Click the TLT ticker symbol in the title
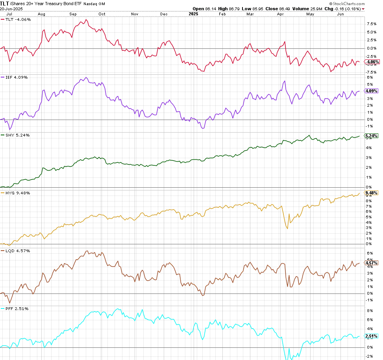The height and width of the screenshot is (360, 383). click(x=5, y=3)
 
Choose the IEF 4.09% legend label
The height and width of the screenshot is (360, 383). click(x=16, y=77)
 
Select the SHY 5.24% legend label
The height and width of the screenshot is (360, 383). click(x=17, y=135)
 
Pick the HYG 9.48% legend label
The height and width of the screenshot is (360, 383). click(x=17, y=193)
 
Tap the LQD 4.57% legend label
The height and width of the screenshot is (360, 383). click(x=17, y=251)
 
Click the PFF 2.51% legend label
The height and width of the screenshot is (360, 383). click(x=16, y=308)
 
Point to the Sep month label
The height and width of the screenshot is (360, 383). click(x=73, y=14)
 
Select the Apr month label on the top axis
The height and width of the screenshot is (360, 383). click(x=281, y=14)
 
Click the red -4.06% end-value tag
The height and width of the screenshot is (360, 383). click(x=372, y=62)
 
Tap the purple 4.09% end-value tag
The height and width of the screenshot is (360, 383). click(x=372, y=91)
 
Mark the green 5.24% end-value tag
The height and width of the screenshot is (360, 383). click(x=372, y=136)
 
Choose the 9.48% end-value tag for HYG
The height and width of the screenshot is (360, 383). click(x=372, y=193)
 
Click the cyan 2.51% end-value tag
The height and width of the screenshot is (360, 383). click(x=372, y=336)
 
